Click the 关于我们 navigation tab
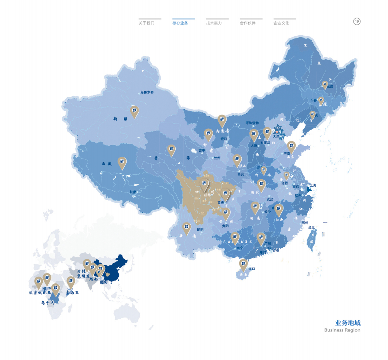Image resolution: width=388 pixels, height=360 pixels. click(146, 23)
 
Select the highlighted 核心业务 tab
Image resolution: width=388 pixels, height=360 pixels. click(180, 23)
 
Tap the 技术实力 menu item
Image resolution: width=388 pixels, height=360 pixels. click(214, 23)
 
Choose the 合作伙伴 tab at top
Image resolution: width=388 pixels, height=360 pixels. click(248, 23)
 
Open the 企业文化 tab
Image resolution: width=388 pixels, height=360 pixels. click(281, 23)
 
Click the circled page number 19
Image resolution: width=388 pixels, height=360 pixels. click(357, 21)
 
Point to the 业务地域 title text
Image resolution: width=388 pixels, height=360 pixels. click(348, 323)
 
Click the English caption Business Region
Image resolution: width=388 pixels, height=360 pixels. click(342, 330)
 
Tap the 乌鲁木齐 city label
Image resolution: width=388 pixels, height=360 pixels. click(147, 92)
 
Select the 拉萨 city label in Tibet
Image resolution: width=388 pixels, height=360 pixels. click(133, 192)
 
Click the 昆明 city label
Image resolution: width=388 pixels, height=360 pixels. click(200, 229)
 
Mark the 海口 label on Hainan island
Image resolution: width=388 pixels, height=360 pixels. click(252, 269)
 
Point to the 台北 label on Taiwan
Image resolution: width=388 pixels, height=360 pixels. click(311, 227)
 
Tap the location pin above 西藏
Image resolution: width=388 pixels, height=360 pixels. click(122, 162)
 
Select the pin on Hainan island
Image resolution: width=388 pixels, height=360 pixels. click(243, 264)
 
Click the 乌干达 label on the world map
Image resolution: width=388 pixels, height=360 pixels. click(48, 302)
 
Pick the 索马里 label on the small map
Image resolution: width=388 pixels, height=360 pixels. click(72, 293)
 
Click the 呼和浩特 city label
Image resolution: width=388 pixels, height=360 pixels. click(252, 123)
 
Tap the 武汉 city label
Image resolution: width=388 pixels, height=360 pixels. click(270, 199)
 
